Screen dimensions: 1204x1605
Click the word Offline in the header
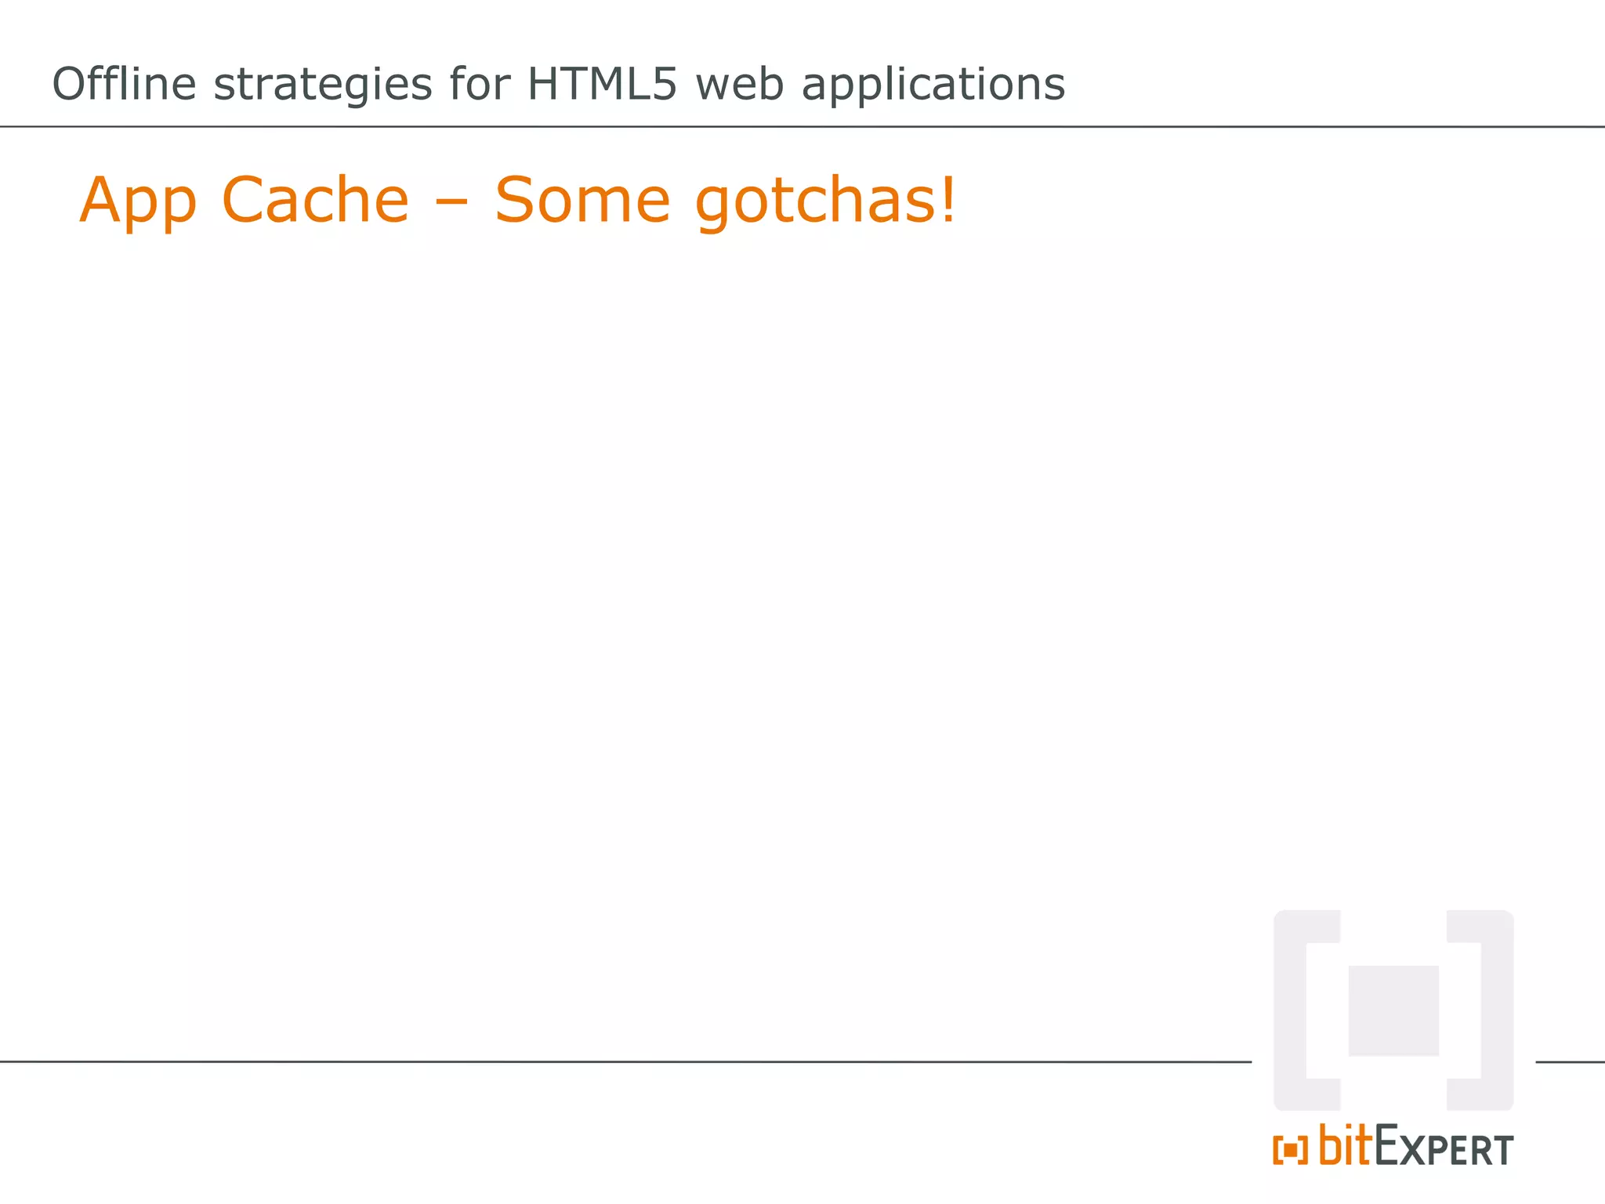coord(124,84)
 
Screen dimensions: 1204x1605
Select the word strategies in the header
coord(322,85)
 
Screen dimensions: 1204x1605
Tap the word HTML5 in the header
coord(601,84)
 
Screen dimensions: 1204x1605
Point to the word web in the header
coord(739,84)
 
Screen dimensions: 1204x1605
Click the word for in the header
coord(480,84)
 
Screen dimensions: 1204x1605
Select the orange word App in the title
coord(138,201)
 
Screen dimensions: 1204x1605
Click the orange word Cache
coord(315,200)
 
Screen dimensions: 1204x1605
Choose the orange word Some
coord(582,200)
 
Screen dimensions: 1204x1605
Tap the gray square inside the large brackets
coord(1393,1010)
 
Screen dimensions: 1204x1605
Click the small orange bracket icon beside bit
coord(1290,1150)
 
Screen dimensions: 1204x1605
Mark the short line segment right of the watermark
coord(1570,1062)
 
